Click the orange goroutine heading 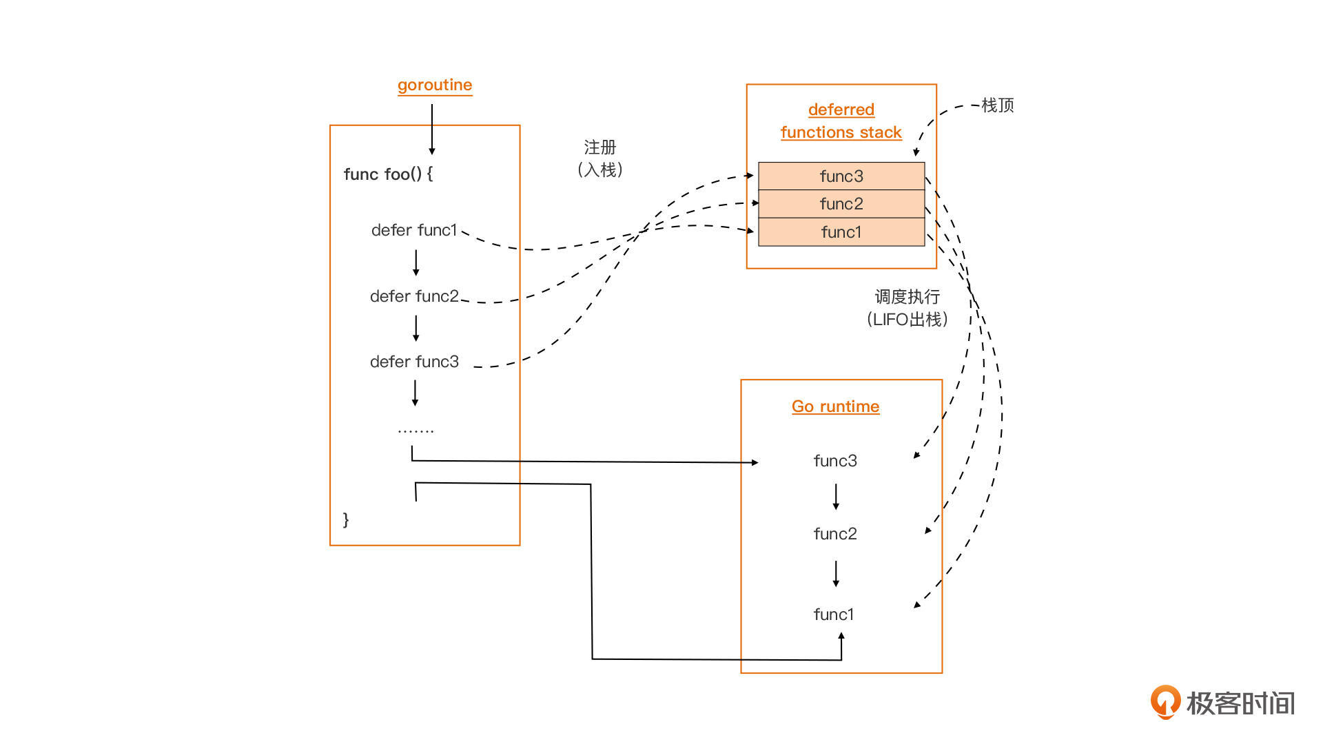pos(435,85)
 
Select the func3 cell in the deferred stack pos(841,176)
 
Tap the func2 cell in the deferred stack pos(841,204)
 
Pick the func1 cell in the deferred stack pos(841,232)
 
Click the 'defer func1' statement pos(414,230)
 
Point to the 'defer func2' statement pos(414,296)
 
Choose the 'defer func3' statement pos(414,362)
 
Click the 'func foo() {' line pos(388,174)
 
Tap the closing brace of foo pos(346,519)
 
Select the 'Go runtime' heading pos(835,406)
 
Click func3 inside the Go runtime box pos(835,461)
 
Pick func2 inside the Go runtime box pos(835,534)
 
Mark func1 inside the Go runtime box pos(834,614)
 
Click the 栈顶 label pos(997,105)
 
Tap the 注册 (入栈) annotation pos(599,158)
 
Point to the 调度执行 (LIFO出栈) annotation pos(907,308)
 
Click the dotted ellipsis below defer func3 pos(416,431)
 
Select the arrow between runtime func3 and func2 pos(836,497)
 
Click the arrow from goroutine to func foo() pos(432,130)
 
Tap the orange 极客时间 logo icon pos(1165,702)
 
